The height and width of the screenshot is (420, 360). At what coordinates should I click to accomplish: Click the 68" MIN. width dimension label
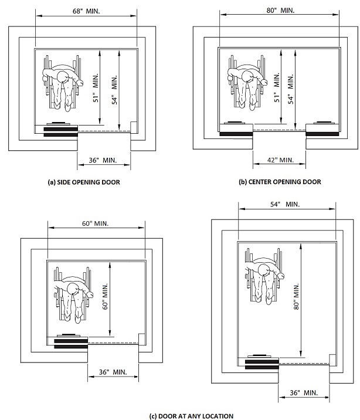[86, 11]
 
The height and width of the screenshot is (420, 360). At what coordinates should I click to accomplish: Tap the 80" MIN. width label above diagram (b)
[280, 11]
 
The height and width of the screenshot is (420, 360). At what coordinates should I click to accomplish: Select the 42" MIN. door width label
[280, 160]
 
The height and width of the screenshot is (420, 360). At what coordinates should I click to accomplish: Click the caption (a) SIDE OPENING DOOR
[84, 182]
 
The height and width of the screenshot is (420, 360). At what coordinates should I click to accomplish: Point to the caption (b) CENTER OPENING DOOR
[280, 182]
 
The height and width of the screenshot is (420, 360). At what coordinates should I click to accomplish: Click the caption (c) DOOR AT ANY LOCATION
[191, 416]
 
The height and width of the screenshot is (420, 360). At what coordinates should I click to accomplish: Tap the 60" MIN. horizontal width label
[96, 223]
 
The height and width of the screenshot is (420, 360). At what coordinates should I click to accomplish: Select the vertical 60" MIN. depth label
[105, 296]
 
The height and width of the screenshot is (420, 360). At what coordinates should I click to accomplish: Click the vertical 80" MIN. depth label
[296, 297]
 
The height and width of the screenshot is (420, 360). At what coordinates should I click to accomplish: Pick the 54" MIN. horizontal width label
[285, 204]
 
